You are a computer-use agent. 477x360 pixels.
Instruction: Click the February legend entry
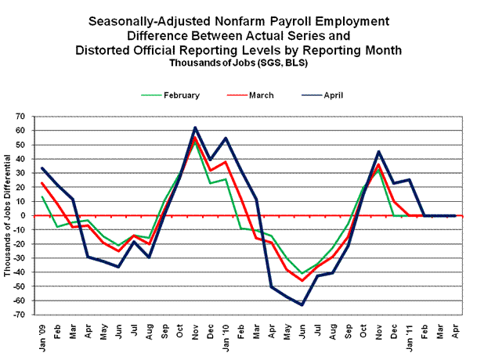pos(182,95)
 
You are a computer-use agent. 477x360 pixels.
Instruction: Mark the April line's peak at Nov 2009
pos(194,128)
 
